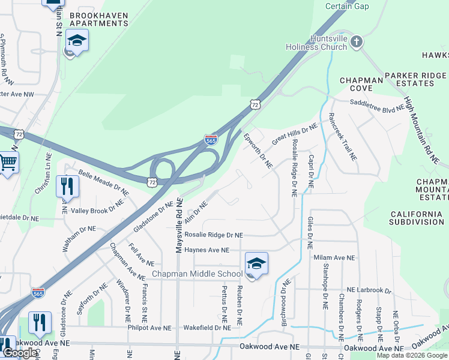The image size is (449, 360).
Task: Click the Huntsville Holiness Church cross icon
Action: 357,42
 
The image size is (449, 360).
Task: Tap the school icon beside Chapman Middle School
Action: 256,264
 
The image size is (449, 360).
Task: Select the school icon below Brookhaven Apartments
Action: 77,41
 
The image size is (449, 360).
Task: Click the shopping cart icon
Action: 7,162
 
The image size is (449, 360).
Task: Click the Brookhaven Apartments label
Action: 99,19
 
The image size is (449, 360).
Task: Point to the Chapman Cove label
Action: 361,84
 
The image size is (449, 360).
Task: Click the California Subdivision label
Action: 417,218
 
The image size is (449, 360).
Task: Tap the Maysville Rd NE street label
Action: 178,227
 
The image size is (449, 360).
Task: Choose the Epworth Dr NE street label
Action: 259,151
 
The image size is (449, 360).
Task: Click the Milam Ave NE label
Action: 334,257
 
